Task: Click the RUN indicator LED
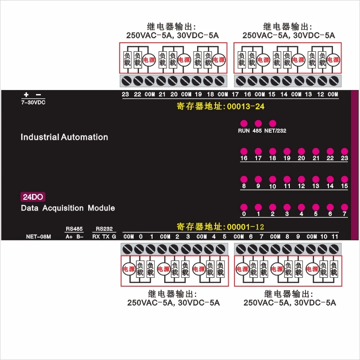(x=244, y=123)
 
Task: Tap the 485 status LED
(x=258, y=123)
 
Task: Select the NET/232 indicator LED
(x=272, y=123)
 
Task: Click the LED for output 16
(x=244, y=151)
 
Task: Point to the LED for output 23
(x=344, y=151)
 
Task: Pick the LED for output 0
(x=244, y=207)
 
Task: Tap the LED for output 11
(x=287, y=179)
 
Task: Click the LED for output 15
(x=344, y=179)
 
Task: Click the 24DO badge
(x=33, y=197)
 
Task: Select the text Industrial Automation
(x=64, y=137)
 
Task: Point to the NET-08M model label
(x=38, y=236)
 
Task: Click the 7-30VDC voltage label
(x=33, y=102)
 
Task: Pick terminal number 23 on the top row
(x=126, y=94)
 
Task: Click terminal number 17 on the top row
(x=235, y=94)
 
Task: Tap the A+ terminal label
(x=69, y=236)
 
